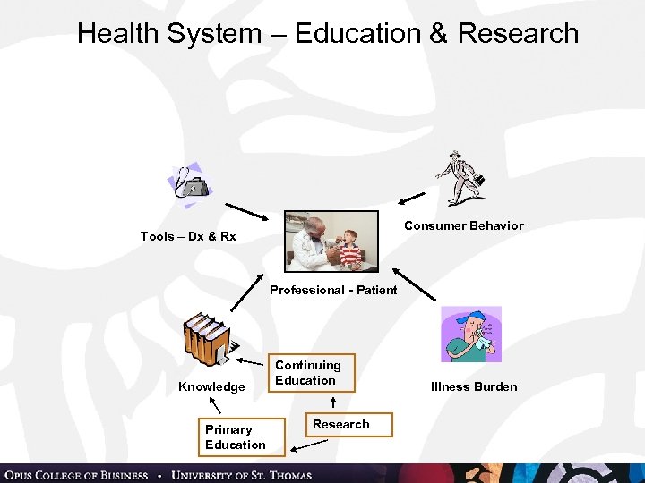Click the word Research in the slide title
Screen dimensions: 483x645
click(x=518, y=34)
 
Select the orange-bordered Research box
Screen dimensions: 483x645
click(x=340, y=424)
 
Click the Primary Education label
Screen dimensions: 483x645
click(x=235, y=437)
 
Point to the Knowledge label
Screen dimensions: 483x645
click(x=211, y=386)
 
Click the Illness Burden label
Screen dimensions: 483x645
click(x=474, y=386)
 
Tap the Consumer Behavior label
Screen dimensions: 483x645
click(x=463, y=225)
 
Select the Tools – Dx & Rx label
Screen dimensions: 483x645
click(x=188, y=236)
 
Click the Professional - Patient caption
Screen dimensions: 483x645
click(x=333, y=290)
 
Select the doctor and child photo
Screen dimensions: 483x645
click(x=331, y=241)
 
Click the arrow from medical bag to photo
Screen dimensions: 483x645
click(x=241, y=210)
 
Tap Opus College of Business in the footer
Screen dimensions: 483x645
click(x=76, y=475)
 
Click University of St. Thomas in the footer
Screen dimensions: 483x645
click(x=241, y=475)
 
